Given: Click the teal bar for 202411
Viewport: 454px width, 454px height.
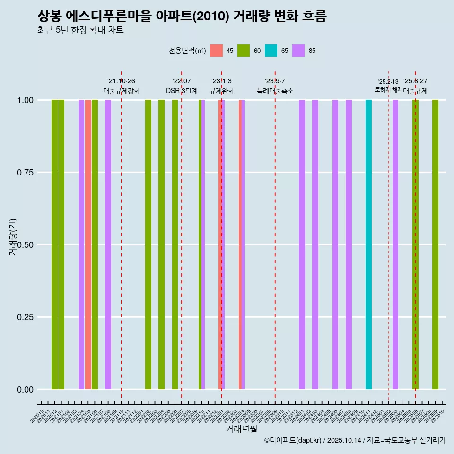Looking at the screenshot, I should pos(368,244).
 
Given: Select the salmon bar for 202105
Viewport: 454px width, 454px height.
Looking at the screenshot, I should pos(88,244).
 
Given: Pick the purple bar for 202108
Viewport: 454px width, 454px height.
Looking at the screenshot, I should pos(108,244).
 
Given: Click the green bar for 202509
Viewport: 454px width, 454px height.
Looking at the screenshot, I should pos(435,244).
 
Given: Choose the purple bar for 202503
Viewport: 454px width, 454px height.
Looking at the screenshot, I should pos(395,244).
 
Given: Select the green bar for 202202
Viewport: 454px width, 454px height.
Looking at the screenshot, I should pos(148,244).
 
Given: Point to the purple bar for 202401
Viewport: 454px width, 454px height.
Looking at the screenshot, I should pos(302,244).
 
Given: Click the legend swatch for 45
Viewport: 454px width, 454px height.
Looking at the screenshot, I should pos(216,51).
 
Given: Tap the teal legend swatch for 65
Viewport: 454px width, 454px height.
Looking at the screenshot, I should pos(271,51).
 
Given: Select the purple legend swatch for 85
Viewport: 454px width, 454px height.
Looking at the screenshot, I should pos(298,51).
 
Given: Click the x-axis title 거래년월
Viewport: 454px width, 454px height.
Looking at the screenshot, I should pos(241,429).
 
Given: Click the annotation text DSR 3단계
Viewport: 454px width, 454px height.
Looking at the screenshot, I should pos(182,91).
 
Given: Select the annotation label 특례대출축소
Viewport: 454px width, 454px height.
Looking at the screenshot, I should pos(275,91).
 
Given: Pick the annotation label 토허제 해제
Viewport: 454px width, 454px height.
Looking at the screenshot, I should pos(388,89).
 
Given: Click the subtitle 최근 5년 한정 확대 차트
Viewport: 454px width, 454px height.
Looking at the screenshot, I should pos(80,30).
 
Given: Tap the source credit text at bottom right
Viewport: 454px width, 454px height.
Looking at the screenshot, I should pos(355,441).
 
